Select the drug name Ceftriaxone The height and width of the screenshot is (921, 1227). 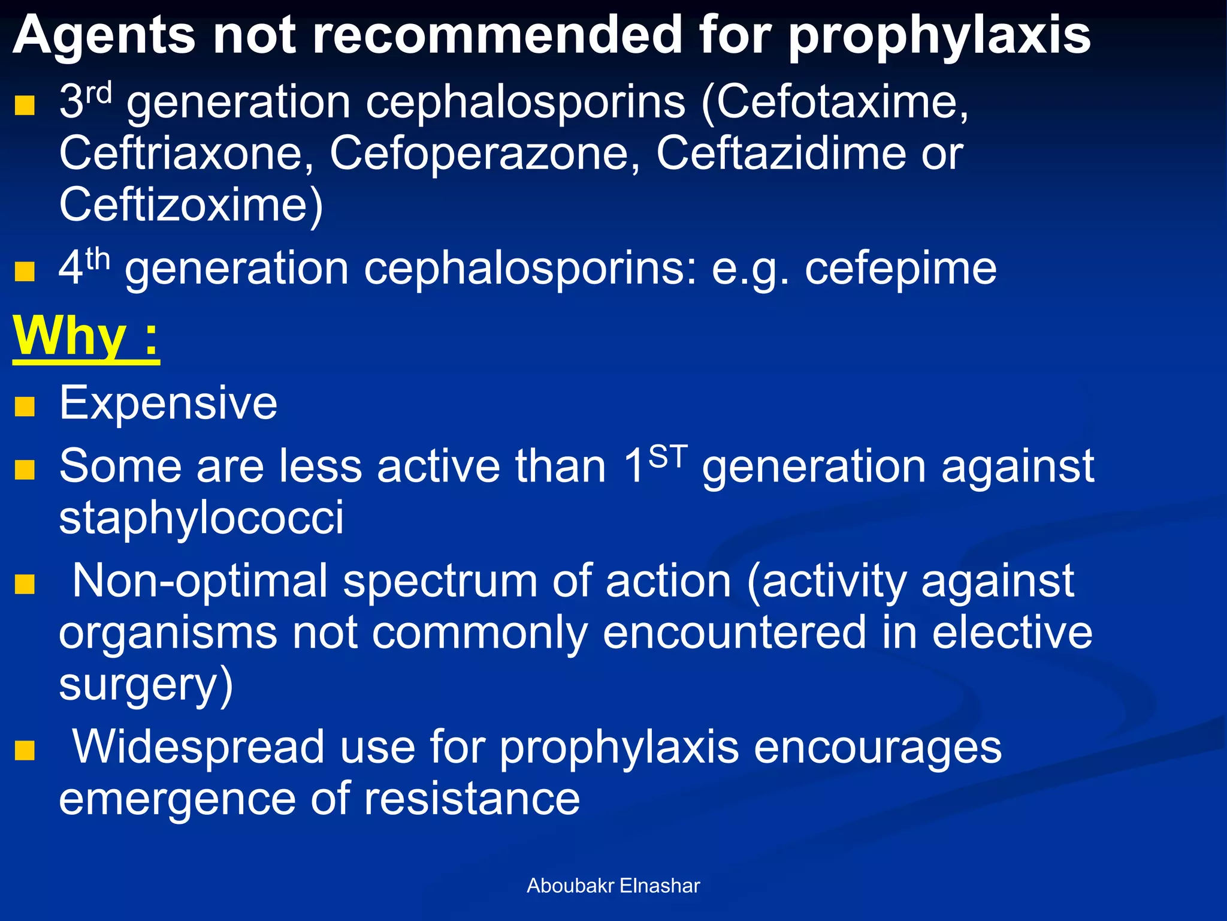[x=186, y=153]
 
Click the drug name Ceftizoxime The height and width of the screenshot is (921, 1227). [x=191, y=206]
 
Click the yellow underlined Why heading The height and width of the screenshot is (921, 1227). [x=86, y=337]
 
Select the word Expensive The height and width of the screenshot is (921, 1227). [x=168, y=403]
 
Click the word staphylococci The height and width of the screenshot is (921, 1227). [x=201, y=517]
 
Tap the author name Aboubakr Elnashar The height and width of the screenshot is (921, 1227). [x=613, y=886]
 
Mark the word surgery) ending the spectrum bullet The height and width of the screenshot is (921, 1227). [x=146, y=685]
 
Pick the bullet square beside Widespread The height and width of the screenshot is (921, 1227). [x=25, y=750]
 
